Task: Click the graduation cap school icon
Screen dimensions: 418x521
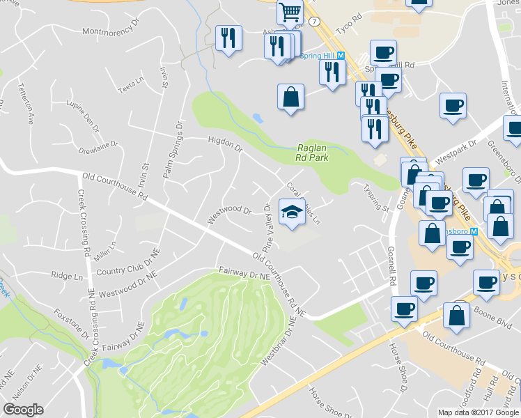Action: (293, 212)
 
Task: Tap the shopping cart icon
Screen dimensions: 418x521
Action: (289, 11)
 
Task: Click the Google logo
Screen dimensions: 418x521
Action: (23, 410)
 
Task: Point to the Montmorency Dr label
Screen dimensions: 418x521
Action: (112, 31)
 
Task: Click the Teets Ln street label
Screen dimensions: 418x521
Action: (130, 87)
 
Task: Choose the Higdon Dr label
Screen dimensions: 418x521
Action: (224, 144)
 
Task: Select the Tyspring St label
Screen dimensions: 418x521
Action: (377, 198)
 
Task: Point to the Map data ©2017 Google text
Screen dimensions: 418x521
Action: (478, 412)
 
